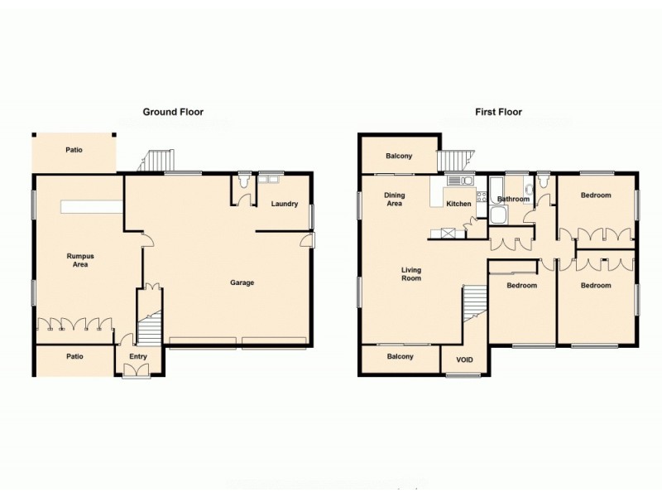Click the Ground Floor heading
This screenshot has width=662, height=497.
pyautogui.click(x=173, y=112)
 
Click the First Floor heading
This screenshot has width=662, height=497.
pyautogui.click(x=498, y=112)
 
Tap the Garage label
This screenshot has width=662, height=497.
pyautogui.click(x=242, y=282)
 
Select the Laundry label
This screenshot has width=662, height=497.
pyautogui.click(x=284, y=204)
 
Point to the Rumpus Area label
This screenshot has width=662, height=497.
pyautogui.click(x=79, y=260)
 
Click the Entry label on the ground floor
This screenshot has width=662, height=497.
pyautogui.click(x=137, y=358)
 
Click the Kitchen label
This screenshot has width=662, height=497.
pyautogui.click(x=458, y=204)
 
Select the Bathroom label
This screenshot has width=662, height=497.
pyautogui.click(x=513, y=199)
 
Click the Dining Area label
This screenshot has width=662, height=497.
pyautogui.click(x=394, y=200)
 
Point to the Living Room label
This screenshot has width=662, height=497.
pyautogui.click(x=411, y=273)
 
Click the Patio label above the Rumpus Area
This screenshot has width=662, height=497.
pyautogui.click(x=74, y=151)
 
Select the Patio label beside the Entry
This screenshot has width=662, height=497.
pyautogui.click(x=74, y=356)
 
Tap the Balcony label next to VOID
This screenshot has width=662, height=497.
pyautogui.click(x=401, y=356)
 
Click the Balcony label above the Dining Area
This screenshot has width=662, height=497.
pyautogui.click(x=399, y=156)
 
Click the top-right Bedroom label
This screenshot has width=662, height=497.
pyautogui.click(x=596, y=195)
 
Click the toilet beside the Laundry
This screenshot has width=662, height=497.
pyautogui.click(x=243, y=180)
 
